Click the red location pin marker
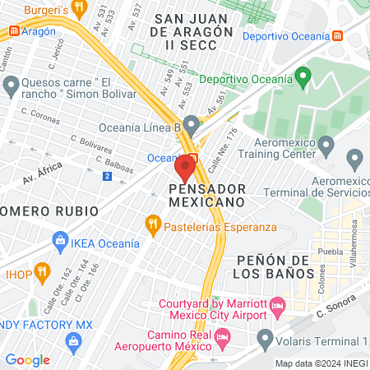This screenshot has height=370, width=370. click(x=184, y=170)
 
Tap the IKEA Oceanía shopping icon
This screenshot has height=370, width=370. click(x=59, y=240)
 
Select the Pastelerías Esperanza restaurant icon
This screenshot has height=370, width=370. click(x=152, y=223)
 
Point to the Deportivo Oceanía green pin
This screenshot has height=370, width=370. click(x=302, y=79)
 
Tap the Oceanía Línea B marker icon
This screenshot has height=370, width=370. click(x=192, y=127)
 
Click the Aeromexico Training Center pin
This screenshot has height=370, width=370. click(x=326, y=147)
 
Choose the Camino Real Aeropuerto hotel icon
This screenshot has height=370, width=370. click(x=221, y=336)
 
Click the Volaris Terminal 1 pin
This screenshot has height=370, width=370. click(x=265, y=337)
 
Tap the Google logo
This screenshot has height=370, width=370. click(x=27, y=359)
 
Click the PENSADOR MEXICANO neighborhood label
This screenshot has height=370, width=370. click(x=207, y=194)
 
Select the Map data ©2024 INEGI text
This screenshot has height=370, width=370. click(x=321, y=363)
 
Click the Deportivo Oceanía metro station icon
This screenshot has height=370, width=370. click(x=339, y=36)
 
